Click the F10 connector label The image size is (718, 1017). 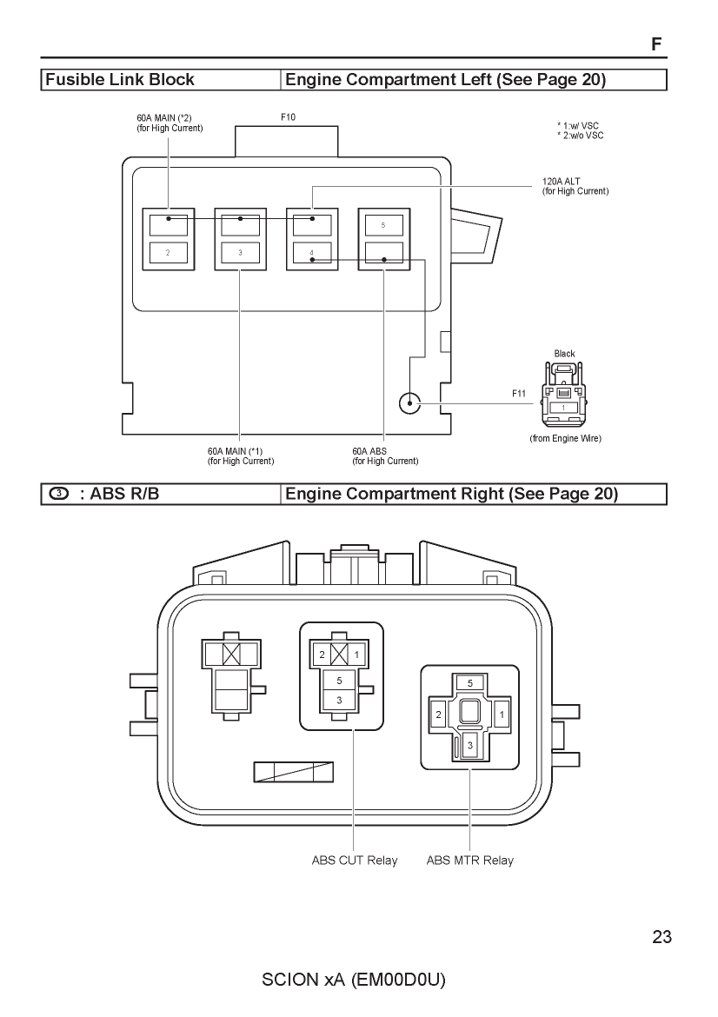[288, 117]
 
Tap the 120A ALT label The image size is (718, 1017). [561, 182]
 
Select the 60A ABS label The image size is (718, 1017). [369, 451]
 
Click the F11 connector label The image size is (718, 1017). [519, 394]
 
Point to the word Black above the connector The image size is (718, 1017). [564, 354]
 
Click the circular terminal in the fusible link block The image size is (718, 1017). [410, 403]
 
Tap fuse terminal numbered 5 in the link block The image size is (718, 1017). [383, 225]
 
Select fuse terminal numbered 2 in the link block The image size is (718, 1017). [168, 252]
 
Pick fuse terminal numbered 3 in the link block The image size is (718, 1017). [240, 252]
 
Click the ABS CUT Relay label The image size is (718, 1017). [355, 861]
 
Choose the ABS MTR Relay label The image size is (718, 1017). [470, 861]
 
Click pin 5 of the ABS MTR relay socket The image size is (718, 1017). [470, 683]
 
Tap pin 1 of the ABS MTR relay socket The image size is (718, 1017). [502, 715]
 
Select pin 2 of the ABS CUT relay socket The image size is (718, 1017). [322, 655]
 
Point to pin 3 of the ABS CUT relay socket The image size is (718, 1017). [339, 701]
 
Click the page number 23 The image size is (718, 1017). [662, 937]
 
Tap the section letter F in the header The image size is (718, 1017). [656, 44]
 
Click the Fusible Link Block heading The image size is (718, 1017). [120, 80]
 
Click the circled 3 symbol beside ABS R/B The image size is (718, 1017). [58, 494]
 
